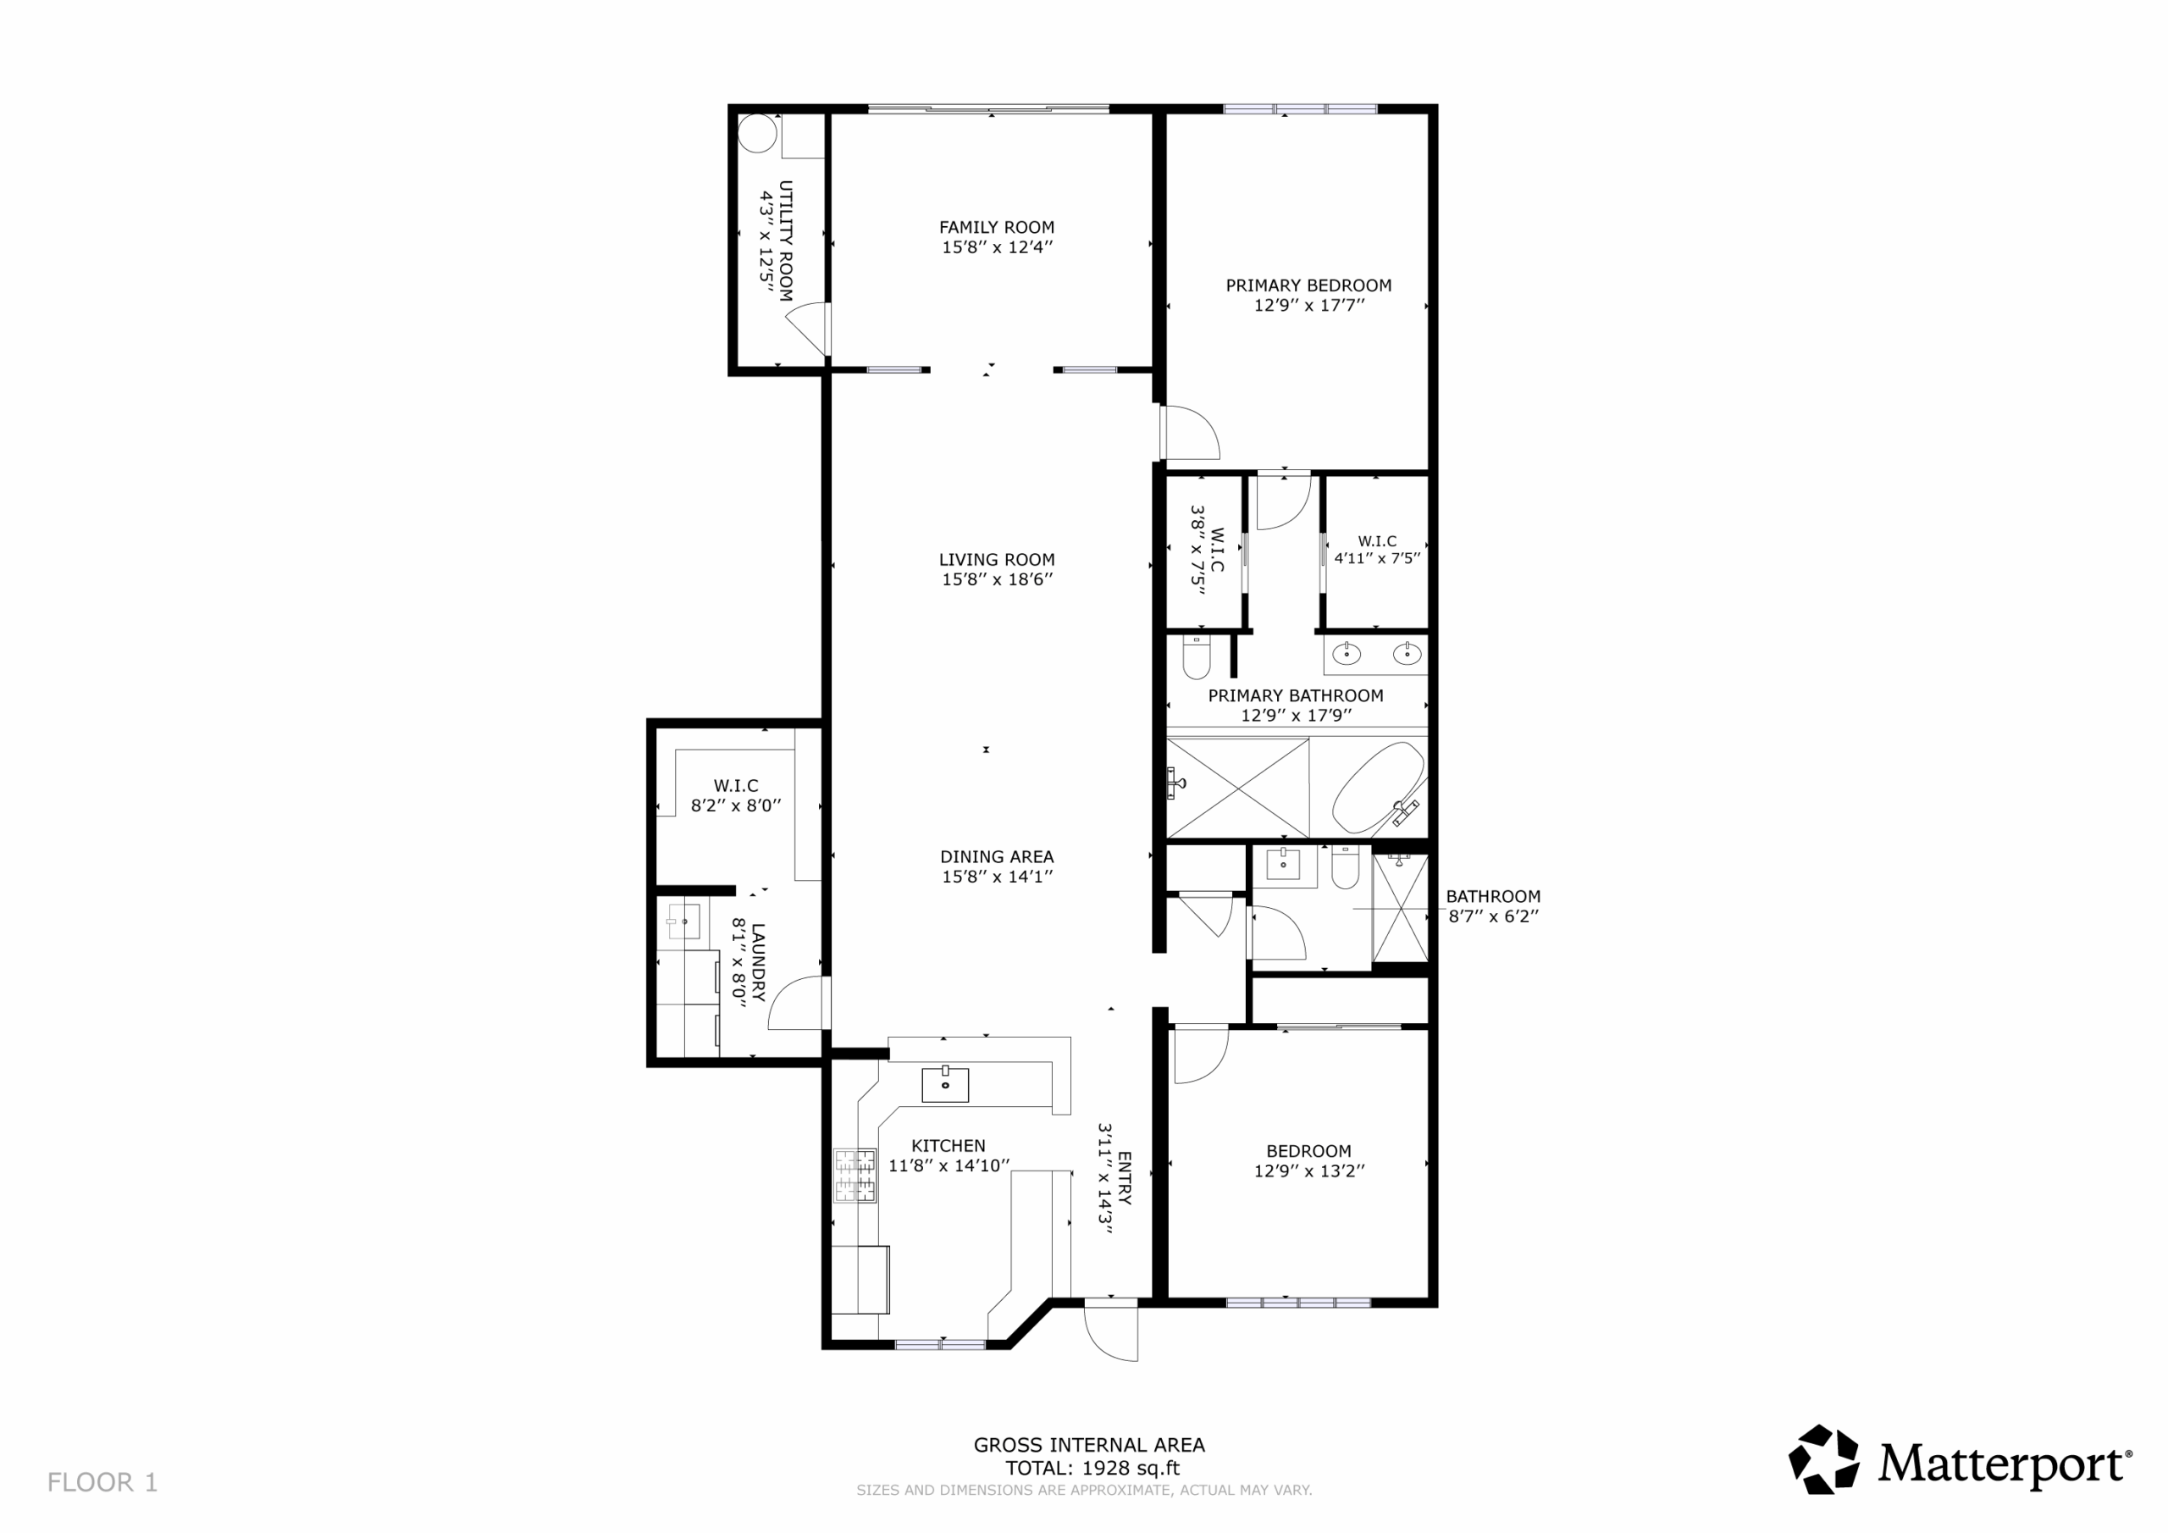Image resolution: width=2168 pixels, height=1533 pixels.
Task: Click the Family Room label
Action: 996,227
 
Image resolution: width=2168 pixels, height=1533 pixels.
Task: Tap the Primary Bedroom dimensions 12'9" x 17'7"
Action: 1308,305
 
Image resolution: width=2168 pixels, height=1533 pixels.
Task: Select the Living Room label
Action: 996,559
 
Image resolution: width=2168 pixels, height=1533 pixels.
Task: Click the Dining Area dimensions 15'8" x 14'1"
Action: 996,877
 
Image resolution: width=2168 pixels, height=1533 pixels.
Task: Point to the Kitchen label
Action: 948,1146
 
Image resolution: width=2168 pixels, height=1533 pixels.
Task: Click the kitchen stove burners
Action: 854,1175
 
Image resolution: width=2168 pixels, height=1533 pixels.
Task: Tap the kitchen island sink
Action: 945,1084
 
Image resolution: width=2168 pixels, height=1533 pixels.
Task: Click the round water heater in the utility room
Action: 756,133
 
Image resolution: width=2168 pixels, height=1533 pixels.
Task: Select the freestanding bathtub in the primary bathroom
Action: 1378,788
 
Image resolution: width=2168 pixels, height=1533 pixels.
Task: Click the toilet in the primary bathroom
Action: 1197,657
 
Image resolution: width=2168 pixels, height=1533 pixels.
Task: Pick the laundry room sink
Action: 683,920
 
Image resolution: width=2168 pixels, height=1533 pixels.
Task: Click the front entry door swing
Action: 1111,1333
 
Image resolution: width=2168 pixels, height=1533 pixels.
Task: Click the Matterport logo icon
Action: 1823,1459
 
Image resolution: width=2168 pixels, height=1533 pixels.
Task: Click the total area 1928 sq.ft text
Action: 1092,1468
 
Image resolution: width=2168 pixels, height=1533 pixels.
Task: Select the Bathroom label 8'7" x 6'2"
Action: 1493,905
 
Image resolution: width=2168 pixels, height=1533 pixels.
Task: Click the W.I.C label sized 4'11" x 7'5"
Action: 1377,550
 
